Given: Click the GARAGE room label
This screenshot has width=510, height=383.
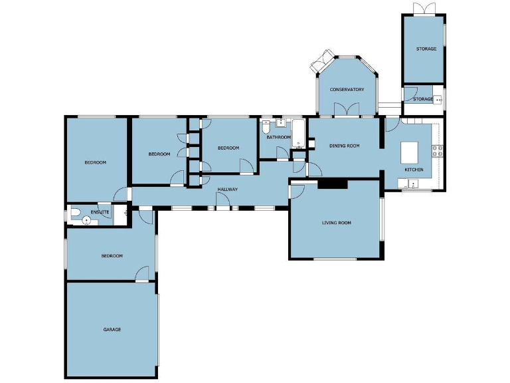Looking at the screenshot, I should (112, 329).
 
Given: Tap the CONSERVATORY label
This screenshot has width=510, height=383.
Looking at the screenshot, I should (347, 90).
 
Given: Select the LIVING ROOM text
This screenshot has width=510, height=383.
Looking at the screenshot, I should (336, 223).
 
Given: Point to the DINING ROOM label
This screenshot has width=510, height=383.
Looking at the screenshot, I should (344, 146).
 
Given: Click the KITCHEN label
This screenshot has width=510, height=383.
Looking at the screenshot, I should (414, 170).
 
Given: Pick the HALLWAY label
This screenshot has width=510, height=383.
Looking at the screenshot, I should (227, 190).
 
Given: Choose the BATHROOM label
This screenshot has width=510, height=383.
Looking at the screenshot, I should (278, 138).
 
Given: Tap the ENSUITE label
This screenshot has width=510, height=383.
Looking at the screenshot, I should (100, 212).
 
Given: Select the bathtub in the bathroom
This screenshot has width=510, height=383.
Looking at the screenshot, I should (297, 134).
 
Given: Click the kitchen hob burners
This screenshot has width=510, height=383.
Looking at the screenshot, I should (438, 151).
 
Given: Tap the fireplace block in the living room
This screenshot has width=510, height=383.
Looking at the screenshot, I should (331, 184).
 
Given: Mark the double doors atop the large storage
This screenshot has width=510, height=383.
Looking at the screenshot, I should (424, 8).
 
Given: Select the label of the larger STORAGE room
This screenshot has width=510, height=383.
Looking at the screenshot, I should (426, 49).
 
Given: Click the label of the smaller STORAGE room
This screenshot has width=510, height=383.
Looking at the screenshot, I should (422, 99).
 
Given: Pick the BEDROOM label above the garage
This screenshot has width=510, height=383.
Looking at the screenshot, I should (112, 256).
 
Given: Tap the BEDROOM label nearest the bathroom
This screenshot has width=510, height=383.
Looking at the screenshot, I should (228, 148).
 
